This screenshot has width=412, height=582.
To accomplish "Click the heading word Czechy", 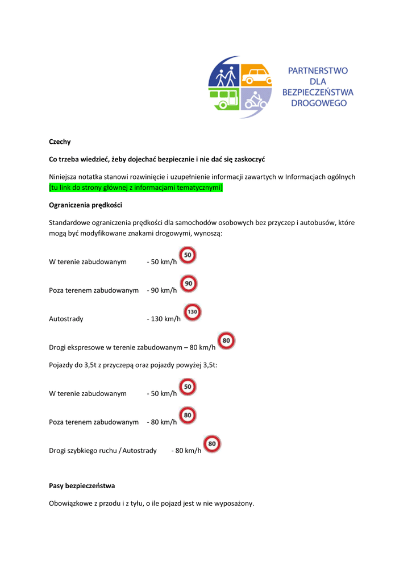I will [60, 142].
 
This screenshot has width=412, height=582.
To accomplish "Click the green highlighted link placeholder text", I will [136, 188].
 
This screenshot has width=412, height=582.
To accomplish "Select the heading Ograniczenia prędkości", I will [85, 205].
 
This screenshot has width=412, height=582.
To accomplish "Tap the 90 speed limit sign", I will [189, 284].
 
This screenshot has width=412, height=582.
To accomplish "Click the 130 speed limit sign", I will [193, 312].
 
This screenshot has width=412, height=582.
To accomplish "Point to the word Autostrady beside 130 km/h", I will [66, 319].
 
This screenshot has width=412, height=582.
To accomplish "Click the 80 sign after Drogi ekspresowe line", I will [226, 340].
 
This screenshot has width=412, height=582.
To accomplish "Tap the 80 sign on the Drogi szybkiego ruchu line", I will [212, 443].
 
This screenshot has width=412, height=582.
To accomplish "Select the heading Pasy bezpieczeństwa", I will [82, 486].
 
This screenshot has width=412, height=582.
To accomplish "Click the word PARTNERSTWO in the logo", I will [318, 71].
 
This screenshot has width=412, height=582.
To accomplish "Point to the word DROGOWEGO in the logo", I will [318, 103].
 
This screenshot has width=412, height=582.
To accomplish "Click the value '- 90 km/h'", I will [162, 290].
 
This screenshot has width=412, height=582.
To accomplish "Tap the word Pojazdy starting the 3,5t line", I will [61, 365].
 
